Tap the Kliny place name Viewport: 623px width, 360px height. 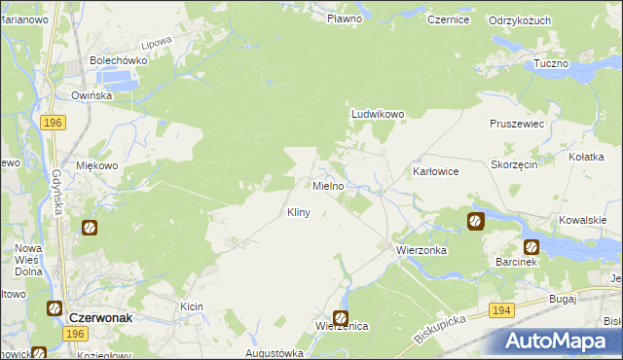299,212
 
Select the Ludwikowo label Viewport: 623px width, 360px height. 377,114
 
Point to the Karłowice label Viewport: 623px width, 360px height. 435,170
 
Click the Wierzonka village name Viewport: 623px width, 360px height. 421,250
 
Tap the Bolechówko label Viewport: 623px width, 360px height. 118,60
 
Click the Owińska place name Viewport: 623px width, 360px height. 92,95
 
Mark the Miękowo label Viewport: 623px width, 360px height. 97,165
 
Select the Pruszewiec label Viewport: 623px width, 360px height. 517,126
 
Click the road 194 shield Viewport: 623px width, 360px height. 501,309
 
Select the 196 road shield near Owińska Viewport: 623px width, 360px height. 54,123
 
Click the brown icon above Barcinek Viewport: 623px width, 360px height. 531,246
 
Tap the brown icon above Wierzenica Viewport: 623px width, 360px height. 341,317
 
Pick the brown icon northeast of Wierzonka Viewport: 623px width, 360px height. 475,221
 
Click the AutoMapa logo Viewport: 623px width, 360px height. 559,342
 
